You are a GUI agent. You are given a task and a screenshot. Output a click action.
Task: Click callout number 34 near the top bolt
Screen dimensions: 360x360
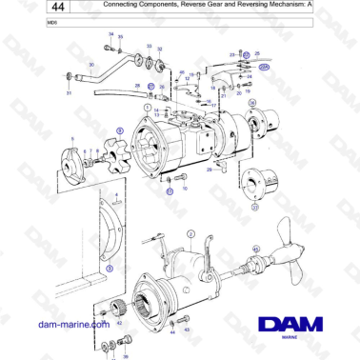[110, 34]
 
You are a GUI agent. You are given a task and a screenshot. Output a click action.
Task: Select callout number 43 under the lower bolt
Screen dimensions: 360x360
[186, 329]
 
